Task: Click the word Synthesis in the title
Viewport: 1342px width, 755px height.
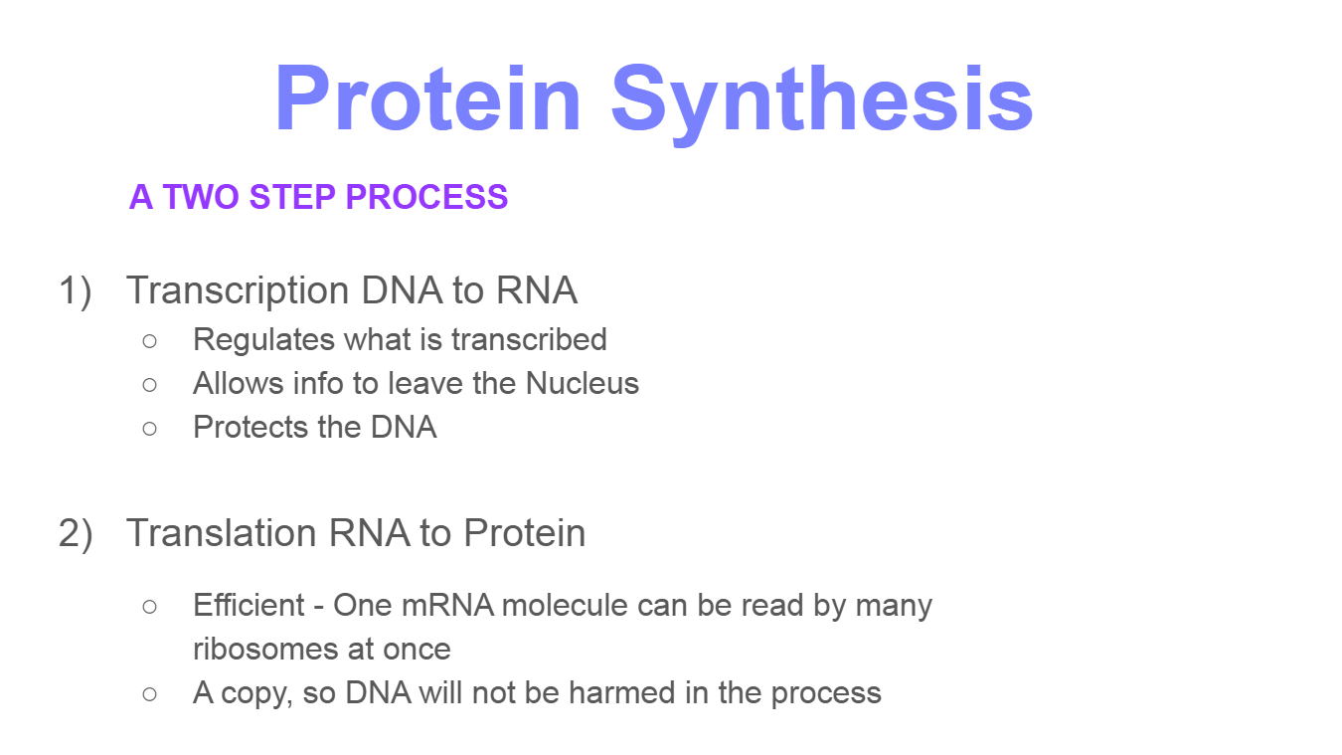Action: pyautogui.click(x=822, y=101)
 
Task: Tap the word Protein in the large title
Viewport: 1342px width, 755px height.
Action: pyautogui.click(x=427, y=97)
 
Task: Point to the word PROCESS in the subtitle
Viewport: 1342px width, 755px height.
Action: pyautogui.click(x=426, y=197)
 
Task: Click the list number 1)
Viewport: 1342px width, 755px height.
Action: pyautogui.click(x=76, y=291)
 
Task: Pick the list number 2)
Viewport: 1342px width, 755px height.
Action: pyautogui.click(x=76, y=534)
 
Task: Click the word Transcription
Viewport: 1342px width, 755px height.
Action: pyautogui.click(x=238, y=291)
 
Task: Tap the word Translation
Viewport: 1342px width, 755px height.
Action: pyautogui.click(x=221, y=532)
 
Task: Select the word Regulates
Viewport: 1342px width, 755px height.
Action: pyautogui.click(x=263, y=340)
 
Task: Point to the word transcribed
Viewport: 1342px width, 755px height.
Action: pyautogui.click(x=529, y=339)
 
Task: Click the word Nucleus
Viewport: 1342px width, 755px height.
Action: pyautogui.click(x=583, y=383)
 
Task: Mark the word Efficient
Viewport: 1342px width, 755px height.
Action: pyautogui.click(x=250, y=605)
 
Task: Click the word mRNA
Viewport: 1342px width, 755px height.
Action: pyautogui.click(x=447, y=606)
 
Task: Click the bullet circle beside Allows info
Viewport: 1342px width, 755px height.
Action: pyautogui.click(x=150, y=385)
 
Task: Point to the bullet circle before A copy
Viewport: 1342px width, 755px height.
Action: pyautogui.click(x=150, y=694)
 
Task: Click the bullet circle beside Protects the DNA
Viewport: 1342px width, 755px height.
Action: pyautogui.click(x=150, y=429)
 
